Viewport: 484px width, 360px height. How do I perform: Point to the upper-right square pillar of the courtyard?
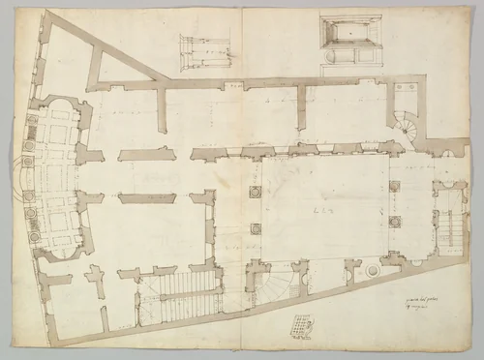click(x=394, y=186)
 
